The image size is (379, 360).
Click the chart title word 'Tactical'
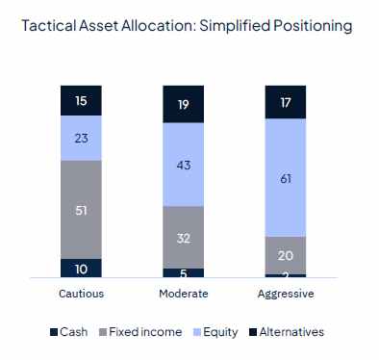46,27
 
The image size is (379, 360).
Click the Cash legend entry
68,332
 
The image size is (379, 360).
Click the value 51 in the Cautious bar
81,210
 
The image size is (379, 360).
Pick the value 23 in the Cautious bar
81,138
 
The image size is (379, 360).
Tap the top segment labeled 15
81,100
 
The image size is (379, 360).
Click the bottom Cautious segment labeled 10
81,268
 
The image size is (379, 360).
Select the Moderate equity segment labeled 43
183,165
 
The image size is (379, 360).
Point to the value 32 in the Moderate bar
183,237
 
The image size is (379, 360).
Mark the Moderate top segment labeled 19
183,104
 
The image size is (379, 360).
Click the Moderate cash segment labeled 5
183,272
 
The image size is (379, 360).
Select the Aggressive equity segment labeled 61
285,177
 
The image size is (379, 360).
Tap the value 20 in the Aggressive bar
285,255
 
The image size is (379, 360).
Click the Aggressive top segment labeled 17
285,102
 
